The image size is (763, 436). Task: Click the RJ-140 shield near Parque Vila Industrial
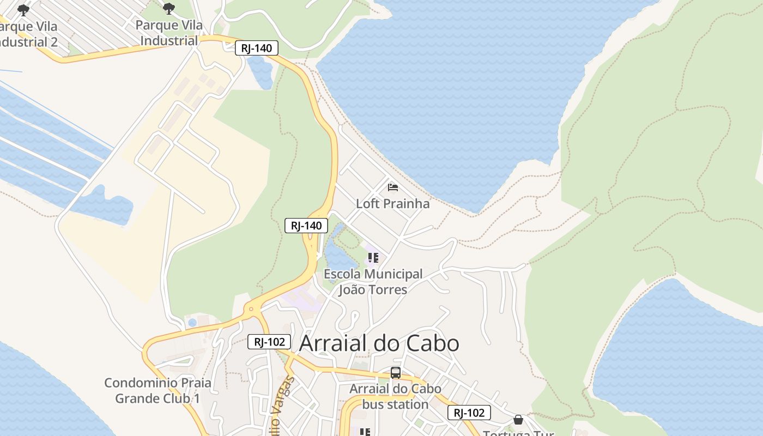[x=257, y=48]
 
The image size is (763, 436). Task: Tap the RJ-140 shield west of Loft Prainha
[x=306, y=226]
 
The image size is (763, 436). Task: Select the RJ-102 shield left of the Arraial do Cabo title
[x=269, y=342]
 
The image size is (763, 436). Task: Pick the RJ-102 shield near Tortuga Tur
[x=469, y=413]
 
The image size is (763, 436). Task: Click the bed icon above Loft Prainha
[x=392, y=187]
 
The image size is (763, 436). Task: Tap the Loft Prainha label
[x=392, y=204]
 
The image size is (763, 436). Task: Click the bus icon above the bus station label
[x=396, y=373]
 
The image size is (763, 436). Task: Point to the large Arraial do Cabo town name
[x=379, y=343]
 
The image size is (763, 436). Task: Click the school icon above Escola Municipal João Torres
[x=373, y=257]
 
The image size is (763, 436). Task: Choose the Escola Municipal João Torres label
[x=373, y=282]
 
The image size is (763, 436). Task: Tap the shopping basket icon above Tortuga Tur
[x=518, y=420]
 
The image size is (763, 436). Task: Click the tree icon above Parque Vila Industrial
[x=169, y=8]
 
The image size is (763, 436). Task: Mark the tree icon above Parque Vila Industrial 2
[x=23, y=10]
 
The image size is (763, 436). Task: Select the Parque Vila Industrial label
[x=169, y=33]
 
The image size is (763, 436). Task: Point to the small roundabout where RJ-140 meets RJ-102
[x=251, y=310]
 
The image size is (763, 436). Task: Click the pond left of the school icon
[x=338, y=253]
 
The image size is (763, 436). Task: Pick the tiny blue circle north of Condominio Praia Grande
[x=192, y=323]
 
